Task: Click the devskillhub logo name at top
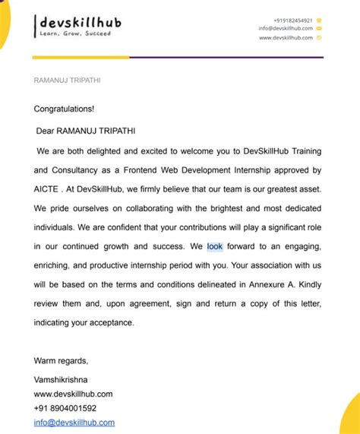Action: click(76, 21)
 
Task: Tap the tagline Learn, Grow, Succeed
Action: click(75, 33)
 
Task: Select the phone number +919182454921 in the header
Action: click(292, 21)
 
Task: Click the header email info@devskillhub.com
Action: click(285, 29)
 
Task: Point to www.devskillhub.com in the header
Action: click(286, 37)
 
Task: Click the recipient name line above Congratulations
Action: click(68, 80)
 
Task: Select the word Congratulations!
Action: click(65, 109)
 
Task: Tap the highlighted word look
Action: click(215, 247)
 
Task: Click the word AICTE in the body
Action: click(48, 188)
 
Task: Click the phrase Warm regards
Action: click(61, 360)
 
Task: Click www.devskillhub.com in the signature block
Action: click(73, 394)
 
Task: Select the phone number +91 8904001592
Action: click(65, 408)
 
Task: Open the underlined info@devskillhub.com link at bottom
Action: click(74, 423)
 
